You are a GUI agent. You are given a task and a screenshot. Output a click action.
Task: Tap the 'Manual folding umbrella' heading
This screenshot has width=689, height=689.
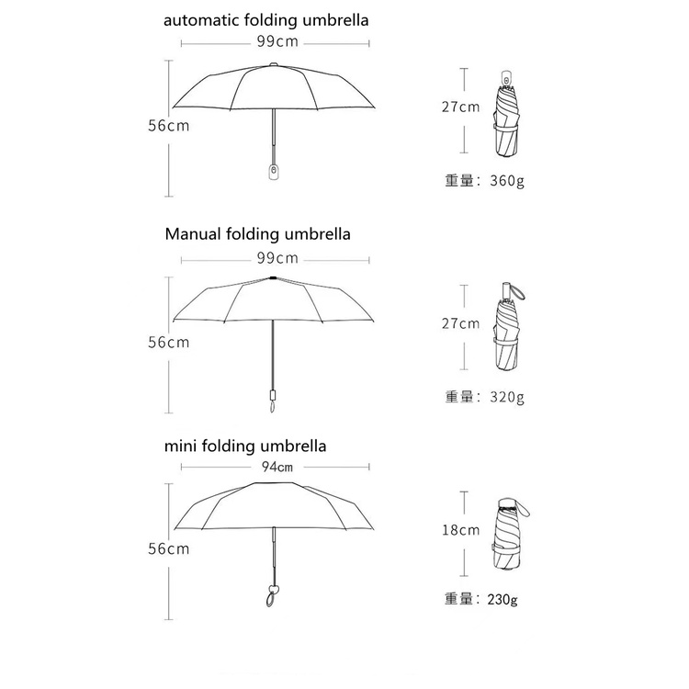click(257, 234)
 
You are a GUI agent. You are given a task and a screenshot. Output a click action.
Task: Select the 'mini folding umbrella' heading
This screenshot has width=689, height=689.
click(245, 447)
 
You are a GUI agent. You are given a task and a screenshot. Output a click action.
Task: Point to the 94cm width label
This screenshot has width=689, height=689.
click(277, 467)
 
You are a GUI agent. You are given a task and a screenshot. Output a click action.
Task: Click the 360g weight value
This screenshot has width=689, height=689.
click(506, 180)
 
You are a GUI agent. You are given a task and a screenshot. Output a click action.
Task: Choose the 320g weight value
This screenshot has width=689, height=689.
click(506, 397)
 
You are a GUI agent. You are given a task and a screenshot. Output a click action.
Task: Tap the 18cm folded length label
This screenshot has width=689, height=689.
click(460, 530)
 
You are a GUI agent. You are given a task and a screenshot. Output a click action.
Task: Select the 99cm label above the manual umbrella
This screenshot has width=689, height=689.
click(277, 258)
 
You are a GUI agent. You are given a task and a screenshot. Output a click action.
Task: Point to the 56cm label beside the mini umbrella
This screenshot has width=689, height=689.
click(168, 549)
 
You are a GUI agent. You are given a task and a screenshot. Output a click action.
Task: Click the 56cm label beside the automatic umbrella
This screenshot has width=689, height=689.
click(168, 126)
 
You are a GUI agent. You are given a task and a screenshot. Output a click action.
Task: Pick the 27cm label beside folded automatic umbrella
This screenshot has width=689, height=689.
click(460, 107)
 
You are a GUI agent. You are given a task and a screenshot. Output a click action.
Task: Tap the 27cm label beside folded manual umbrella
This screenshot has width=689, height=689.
click(460, 323)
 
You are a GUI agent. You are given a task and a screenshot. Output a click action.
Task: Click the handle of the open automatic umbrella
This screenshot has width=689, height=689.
click(273, 170)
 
